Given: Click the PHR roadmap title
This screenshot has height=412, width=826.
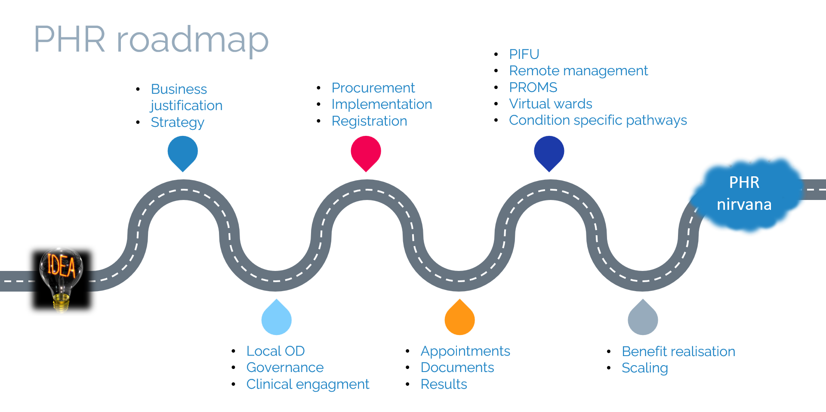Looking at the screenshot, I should coord(151,40).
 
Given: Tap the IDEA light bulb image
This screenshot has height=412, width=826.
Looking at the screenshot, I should coord(62,279).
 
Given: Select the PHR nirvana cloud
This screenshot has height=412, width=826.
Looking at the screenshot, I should coord(745,194).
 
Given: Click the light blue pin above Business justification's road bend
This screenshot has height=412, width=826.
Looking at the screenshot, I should coord(183,152).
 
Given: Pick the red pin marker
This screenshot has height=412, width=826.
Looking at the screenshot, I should coord(366,152).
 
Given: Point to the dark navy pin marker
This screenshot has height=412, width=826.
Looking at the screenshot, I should coord(549,152).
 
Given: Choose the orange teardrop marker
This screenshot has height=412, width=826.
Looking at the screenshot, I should coord(459,319).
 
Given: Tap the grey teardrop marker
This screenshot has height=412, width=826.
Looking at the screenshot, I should coord(643,319).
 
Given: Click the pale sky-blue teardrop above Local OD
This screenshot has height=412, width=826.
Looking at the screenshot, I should coord(277,319).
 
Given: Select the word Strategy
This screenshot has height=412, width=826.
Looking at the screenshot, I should coord(177,123).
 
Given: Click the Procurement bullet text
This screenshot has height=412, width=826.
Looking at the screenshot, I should coord(373,88).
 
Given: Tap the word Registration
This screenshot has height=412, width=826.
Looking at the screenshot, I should coord(369,121).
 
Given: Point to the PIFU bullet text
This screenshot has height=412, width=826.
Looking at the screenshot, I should coord(524,54).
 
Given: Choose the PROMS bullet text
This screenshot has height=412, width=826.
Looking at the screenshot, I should coord(533,87).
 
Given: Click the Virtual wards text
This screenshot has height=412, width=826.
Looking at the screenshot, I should coord(551,104).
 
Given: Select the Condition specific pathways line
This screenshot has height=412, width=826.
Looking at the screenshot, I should coord(598,120).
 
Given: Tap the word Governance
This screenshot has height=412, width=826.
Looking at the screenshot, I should coord(285,368).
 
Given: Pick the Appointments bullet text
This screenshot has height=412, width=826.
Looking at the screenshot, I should coord(465,351).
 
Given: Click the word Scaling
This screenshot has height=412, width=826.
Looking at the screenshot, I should coord(644,368).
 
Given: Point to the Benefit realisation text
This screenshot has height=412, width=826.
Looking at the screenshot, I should coord(678,352).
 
